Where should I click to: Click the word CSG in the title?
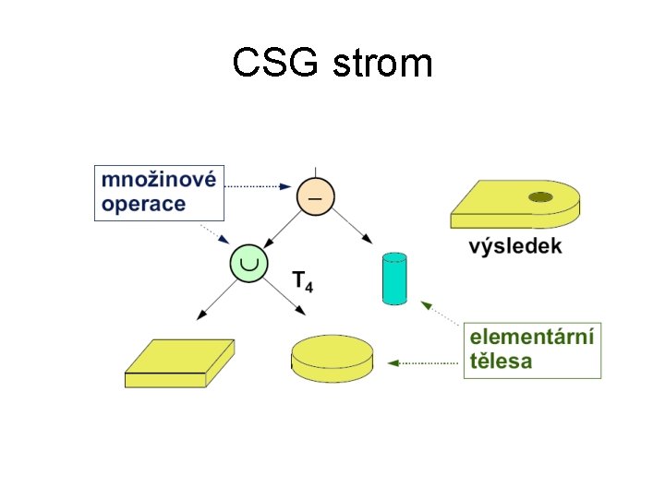pos(274,64)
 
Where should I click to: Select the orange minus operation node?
pos(315,196)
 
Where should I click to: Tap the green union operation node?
pos(248,264)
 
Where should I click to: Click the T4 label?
pos(302,280)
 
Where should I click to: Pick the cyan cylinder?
pos(393,278)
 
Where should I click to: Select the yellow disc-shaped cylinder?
pos(332,359)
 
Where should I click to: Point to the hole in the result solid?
pos(540,196)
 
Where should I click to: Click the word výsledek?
pos(515,246)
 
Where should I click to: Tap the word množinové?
pos(159,180)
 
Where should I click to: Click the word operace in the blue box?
pos(144,204)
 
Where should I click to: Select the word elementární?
pos(533,336)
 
